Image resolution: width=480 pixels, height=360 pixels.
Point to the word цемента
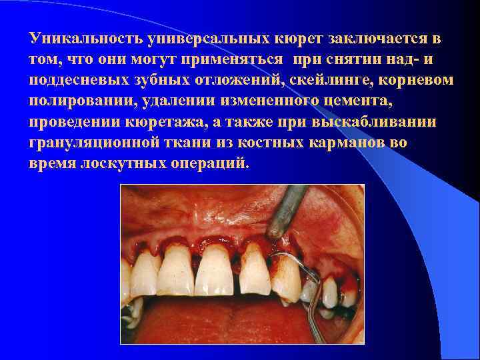(x=341, y=102)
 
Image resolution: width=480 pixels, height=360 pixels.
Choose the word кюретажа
(x=195, y=123)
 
